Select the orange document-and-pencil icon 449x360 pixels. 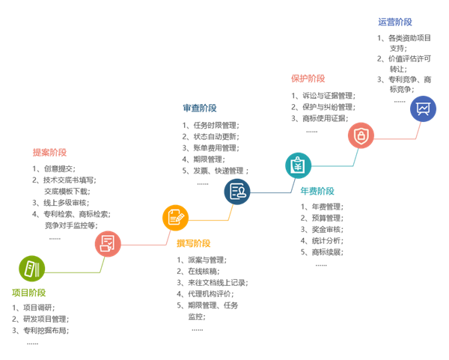175,218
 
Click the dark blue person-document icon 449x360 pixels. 237,192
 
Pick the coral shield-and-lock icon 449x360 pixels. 361,136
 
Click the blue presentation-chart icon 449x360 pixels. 423,109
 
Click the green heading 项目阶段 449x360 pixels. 28,293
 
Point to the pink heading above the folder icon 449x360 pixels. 49,153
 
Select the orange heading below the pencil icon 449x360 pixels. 193,243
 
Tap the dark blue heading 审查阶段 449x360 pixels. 199,109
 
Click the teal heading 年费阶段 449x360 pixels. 317,191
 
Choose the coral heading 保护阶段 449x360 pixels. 308,79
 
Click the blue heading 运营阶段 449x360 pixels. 394,22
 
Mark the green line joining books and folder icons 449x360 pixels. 71,270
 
